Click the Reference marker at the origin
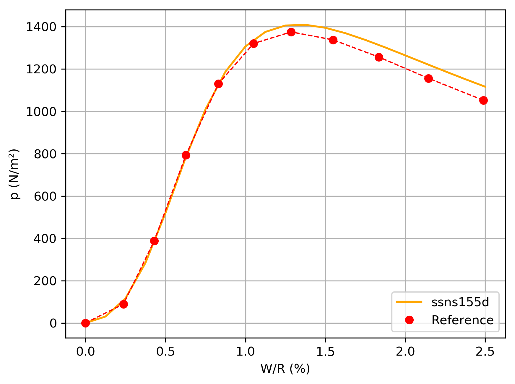85,323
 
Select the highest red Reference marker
291,32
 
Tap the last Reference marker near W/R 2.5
483,101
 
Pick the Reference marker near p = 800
186,155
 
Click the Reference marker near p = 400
154,241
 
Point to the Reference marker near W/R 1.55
333,40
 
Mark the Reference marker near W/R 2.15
428,78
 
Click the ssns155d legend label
460,302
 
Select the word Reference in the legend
462,320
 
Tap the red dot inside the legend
409,320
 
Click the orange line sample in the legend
409,302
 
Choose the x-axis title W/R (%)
285,369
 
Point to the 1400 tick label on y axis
41,27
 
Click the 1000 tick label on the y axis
41,112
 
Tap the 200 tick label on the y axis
45,281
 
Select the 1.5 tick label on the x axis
325,351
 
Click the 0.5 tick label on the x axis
165,351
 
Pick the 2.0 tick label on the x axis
405,351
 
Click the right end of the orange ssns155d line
485,87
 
